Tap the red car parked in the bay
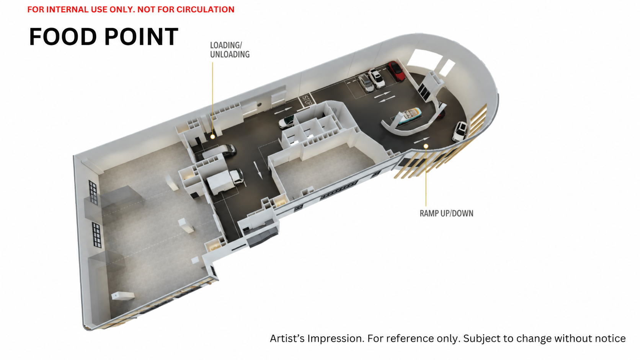396,71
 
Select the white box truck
225,181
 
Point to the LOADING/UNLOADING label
230,50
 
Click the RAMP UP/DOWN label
446,213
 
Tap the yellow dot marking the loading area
212,137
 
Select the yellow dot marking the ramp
426,146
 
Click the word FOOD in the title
63,37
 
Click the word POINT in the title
141,37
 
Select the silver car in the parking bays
366,83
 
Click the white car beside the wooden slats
459,131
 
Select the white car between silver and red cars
376,78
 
